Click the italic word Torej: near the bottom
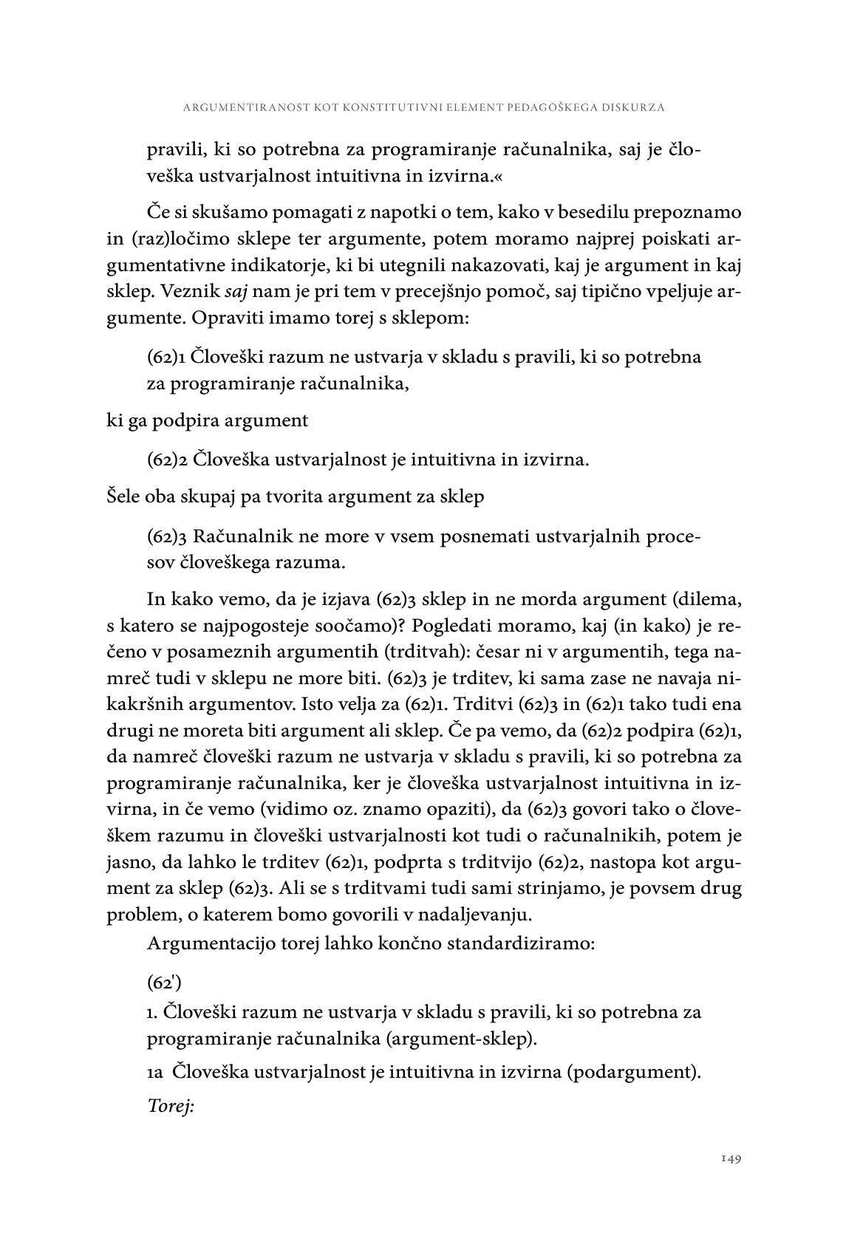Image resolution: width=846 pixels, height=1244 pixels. [x=171, y=1107]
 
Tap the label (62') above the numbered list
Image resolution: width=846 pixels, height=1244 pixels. [x=164, y=983]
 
